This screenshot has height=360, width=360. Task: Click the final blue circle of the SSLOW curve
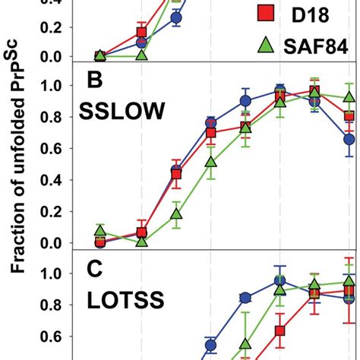tap(349, 139)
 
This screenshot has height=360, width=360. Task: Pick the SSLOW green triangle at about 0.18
tap(176, 213)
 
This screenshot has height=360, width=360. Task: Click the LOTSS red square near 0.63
tap(279, 331)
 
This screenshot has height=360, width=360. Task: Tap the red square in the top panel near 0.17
tap(141, 32)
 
